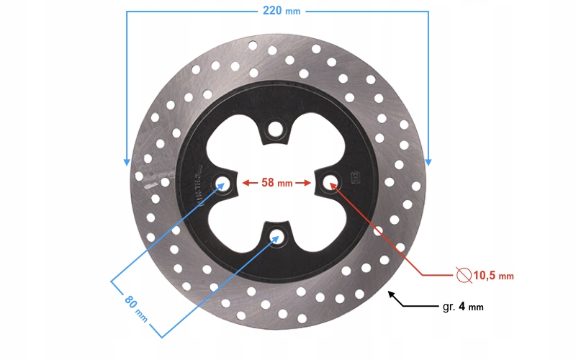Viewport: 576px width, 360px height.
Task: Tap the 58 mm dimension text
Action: pyautogui.click(x=276, y=183)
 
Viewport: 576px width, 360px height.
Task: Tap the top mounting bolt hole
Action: pyautogui.click(x=274, y=130)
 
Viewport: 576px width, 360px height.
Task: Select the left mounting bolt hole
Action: pyautogui.click(x=222, y=183)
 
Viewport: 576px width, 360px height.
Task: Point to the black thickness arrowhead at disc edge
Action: pyautogui.click(x=390, y=294)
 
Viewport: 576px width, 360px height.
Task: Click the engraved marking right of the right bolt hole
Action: pyautogui.click(x=354, y=176)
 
